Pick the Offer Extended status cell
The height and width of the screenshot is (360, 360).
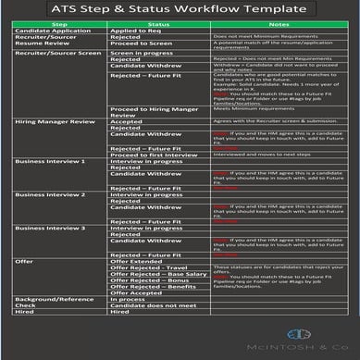[138, 288]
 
